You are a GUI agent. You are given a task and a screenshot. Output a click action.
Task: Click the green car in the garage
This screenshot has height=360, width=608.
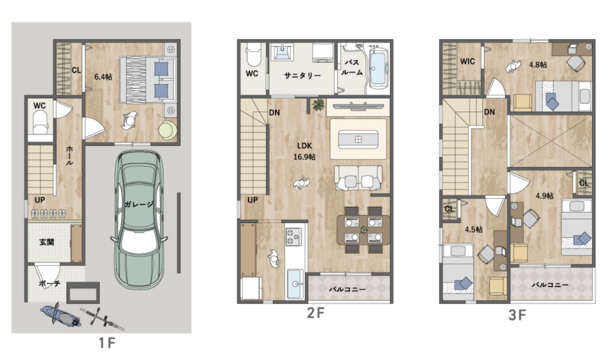coord(138,219)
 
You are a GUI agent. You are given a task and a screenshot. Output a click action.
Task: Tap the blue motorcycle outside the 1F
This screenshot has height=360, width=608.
coord(61,315)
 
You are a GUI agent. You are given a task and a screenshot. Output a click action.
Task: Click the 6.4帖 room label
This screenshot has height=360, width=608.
coord(103,77)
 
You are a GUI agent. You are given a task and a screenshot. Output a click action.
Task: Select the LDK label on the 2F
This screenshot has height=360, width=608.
coord(305,146)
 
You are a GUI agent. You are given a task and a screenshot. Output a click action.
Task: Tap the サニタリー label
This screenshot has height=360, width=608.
coord(302,75)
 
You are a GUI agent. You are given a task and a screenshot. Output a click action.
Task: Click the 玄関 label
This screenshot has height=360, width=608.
coord(47,242)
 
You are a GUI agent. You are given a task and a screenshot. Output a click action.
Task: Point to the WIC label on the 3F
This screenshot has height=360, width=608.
coord(467,61)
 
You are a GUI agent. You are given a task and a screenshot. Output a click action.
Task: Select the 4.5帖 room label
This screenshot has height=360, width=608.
coord(474,229)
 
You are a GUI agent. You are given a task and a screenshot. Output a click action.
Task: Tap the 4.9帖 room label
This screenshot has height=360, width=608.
coord(544,196)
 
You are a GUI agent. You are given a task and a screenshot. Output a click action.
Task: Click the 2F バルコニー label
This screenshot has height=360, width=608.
coord(347,289)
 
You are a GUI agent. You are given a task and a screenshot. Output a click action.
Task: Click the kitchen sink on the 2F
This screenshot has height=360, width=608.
coord(295,284)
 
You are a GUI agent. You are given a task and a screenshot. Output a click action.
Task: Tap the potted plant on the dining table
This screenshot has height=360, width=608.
coord(364,230)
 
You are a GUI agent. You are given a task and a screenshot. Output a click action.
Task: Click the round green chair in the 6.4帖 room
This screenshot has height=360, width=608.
coord(168,130)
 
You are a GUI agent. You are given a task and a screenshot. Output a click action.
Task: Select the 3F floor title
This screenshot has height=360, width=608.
coord(517,315)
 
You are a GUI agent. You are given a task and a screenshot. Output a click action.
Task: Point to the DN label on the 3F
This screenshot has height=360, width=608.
coord(489,112)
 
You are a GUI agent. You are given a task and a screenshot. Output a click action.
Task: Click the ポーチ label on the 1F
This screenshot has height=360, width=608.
coord(49,283)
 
